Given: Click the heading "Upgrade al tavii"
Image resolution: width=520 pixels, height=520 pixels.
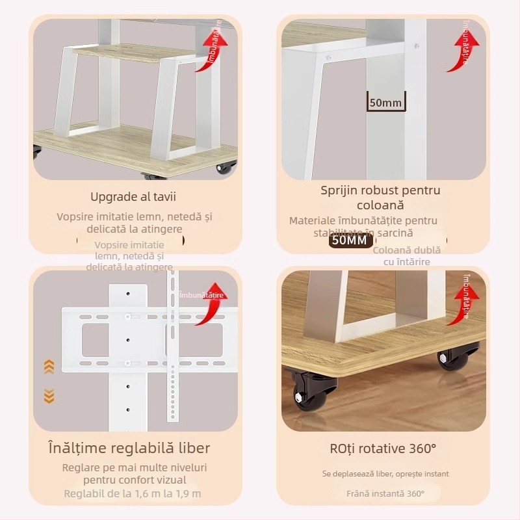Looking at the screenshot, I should (133, 196).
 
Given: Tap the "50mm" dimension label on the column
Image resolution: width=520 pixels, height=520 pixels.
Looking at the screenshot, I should (386, 102).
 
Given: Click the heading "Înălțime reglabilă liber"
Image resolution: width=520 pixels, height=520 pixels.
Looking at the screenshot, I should (129, 448).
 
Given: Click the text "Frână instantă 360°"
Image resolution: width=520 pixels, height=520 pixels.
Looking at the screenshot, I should (385, 493).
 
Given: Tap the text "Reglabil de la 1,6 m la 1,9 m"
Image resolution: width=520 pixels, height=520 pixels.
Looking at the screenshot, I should (133, 493).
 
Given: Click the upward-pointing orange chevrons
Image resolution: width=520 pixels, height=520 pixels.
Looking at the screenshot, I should (49, 367).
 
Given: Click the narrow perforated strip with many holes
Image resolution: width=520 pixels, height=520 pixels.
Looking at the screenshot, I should (173, 344).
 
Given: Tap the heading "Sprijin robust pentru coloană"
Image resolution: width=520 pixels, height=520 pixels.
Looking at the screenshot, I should (380, 197).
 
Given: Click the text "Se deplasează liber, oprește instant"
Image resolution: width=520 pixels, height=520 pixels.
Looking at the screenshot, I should (385, 474).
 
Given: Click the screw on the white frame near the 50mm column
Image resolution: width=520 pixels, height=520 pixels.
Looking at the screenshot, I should (328, 58).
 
